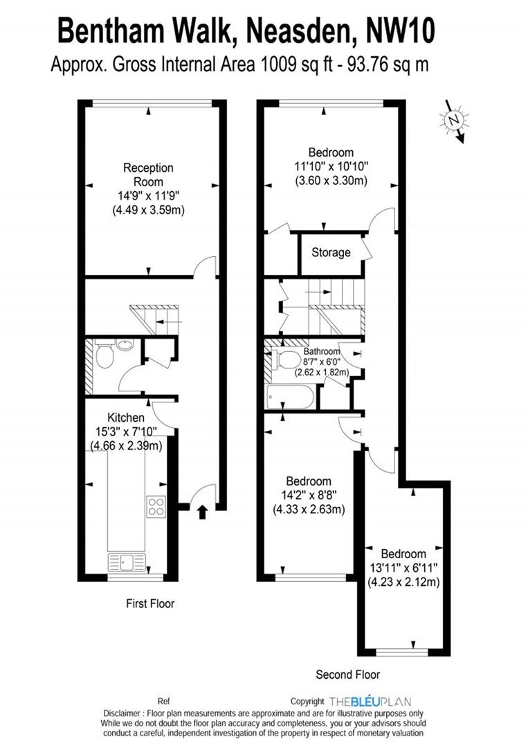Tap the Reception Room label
coord(148,175)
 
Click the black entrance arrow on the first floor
coord(202,512)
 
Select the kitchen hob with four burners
coord(156,507)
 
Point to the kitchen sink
coord(127,562)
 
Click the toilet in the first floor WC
coord(104,357)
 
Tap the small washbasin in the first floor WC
coord(125,344)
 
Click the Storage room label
coord(331,253)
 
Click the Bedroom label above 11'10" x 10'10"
coord(331,152)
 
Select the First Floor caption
coord(150,604)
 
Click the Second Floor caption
coord(348,674)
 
